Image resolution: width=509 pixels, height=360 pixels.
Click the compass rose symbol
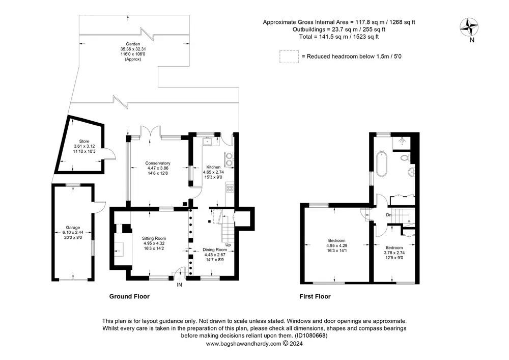[x=469, y=27]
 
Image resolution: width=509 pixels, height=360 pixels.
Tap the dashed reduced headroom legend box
[x=289, y=57]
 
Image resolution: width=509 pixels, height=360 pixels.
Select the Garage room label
[x=73, y=228]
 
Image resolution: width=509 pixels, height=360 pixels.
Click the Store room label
[x=84, y=141]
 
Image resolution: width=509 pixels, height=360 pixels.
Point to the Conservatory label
[x=158, y=163]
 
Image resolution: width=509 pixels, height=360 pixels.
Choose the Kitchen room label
[x=214, y=167]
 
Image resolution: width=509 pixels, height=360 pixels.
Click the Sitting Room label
[x=154, y=238]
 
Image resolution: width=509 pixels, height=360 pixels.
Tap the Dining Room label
[x=215, y=250]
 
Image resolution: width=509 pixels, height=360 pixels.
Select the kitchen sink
[x=207, y=141]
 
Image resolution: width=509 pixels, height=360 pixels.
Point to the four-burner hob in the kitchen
[x=230, y=188]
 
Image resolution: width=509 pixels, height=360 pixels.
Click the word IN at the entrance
[x=179, y=285]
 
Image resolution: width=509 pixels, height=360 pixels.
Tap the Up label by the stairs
[x=228, y=245]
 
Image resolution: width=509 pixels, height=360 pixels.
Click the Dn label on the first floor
[x=388, y=215]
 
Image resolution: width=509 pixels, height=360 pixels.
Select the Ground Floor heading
[x=129, y=296]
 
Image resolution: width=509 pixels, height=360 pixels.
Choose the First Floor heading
[x=315, y=296]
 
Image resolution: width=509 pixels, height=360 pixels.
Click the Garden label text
[x=133, y=44]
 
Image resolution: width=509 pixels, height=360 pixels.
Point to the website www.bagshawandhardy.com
[x=243, y=344]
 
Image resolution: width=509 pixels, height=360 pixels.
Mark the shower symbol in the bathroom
[x=401, y=142]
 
